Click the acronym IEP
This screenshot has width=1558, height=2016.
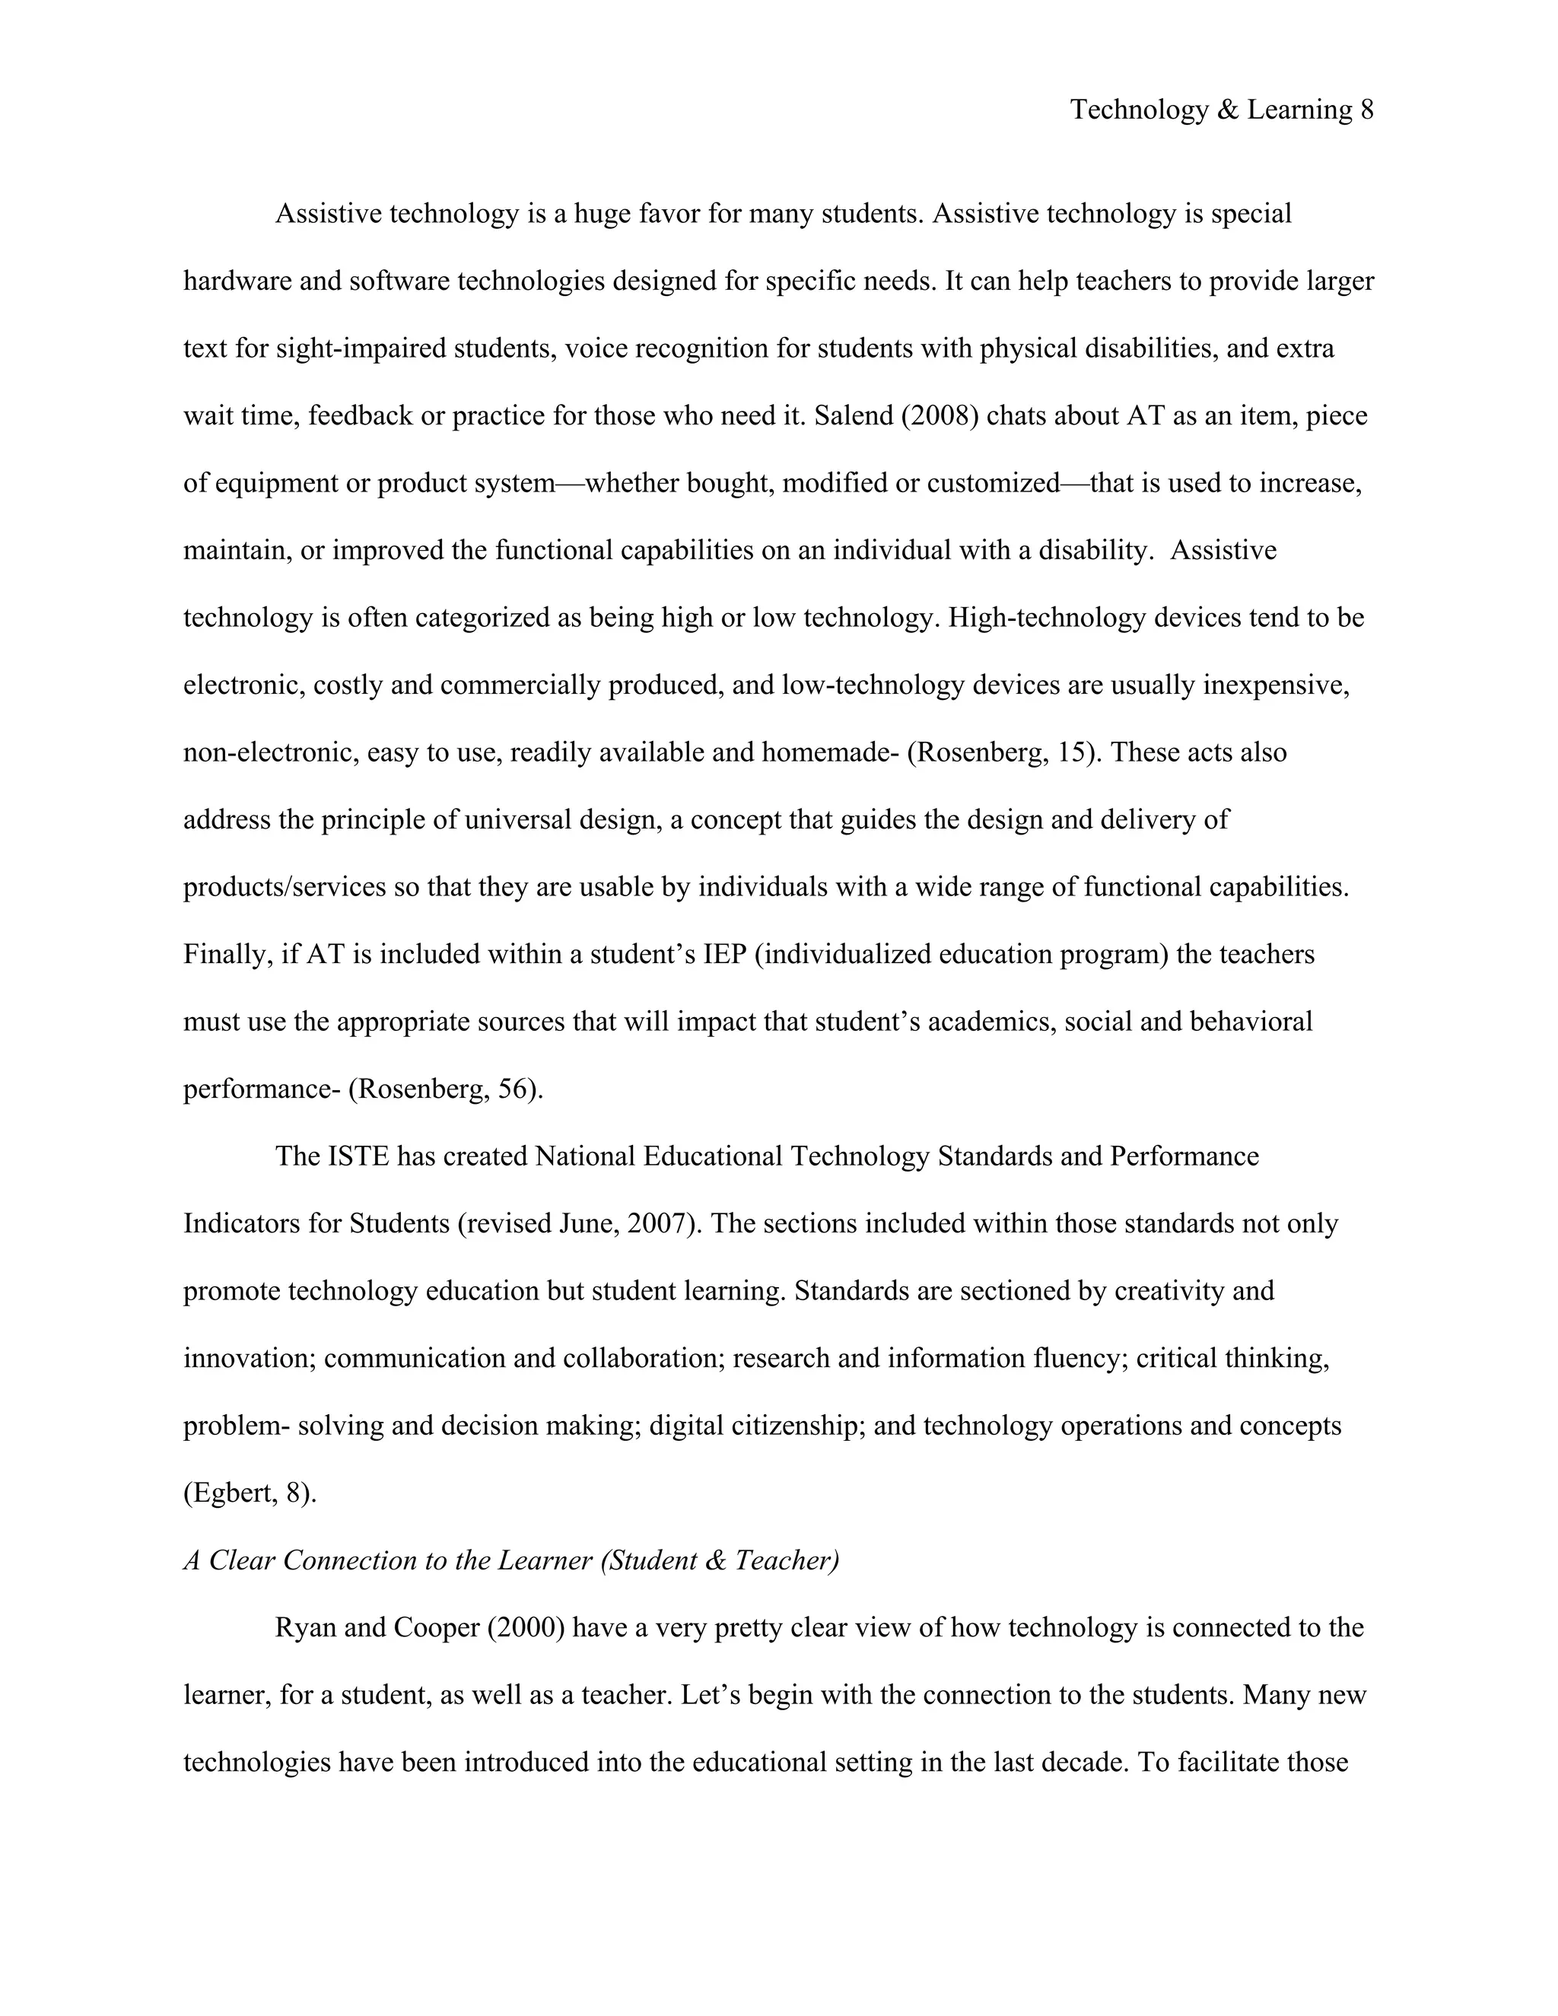[x=724, y=955]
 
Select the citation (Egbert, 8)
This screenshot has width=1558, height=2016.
[x=250, y=1493]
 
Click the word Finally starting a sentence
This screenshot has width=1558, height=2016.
[x=228, y=955]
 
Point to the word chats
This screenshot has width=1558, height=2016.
[x=1018, y=415]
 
